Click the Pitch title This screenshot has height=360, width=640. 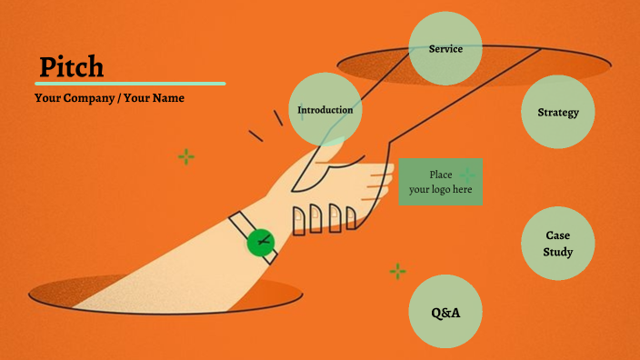pyautogui.click(x=71, y=66)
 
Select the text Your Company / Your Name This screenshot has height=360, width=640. pyautogui.click(x=109, y=97)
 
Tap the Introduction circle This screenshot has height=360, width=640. pyautogui.click(x=325, y=110)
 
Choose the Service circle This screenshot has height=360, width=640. pyautogui.click(x=445, y=48)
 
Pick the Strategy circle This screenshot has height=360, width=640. pyautogui.click(x=558, y=112)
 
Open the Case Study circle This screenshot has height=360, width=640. pyautogui.click(x=558, y=244)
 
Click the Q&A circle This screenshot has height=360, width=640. pyautogui.click(x=445, y=312)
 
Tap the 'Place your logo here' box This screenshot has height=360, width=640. pyautogui.click(x=441, y=181)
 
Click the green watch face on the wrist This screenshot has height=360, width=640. pyautogui.click(x=262, y=241)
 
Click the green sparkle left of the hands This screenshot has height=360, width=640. pyautogui.click(x=186, y=157)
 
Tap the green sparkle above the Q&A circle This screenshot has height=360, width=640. pyautogui.click(x=397, y=271)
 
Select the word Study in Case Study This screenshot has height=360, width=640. pyautogui.click(x=558, y=252)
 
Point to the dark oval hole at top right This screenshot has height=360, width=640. pyautogui.click(x=473, y=65)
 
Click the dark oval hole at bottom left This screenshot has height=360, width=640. pyautogui.click(x=164, y=293)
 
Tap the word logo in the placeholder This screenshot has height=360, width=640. pyautogui.click(x=442, y=189)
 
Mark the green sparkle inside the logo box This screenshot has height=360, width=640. pyautogui.click(x=467, y=174)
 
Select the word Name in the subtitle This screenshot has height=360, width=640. pyautogui.click(x=167, y=97)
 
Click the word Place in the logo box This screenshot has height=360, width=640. pyautogui.click(x=441, y=174)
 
